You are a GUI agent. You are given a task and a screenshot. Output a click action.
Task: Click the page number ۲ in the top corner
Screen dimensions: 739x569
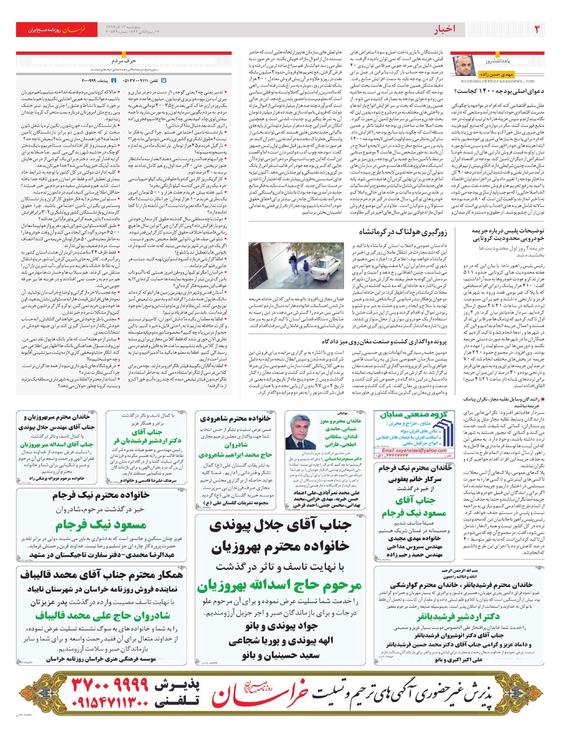pos(537,29)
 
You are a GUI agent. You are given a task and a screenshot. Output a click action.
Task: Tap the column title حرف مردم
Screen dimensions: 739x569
pos(124,61)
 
